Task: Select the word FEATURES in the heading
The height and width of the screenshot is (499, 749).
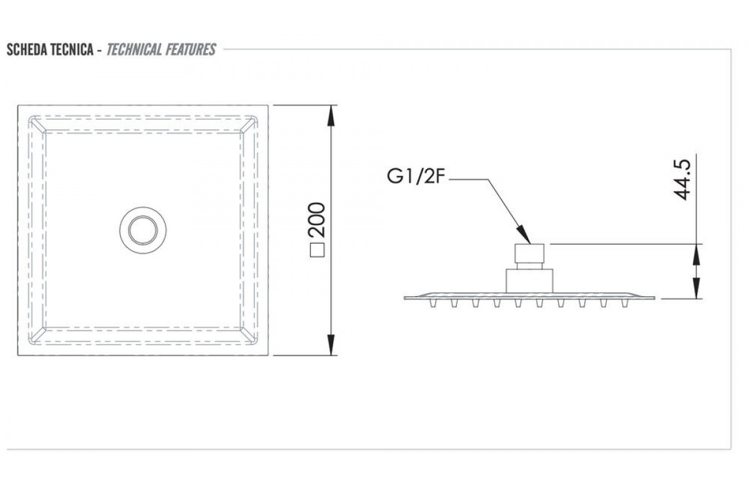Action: [x=190, y=50]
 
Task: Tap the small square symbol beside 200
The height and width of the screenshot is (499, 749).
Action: [x=318, y=251]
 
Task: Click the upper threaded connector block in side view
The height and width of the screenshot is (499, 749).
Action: [x=530, y=254]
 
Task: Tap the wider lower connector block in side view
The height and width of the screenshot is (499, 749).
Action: [x=530, y=279]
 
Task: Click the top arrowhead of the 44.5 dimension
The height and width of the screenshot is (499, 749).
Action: [x=695, y=250]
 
